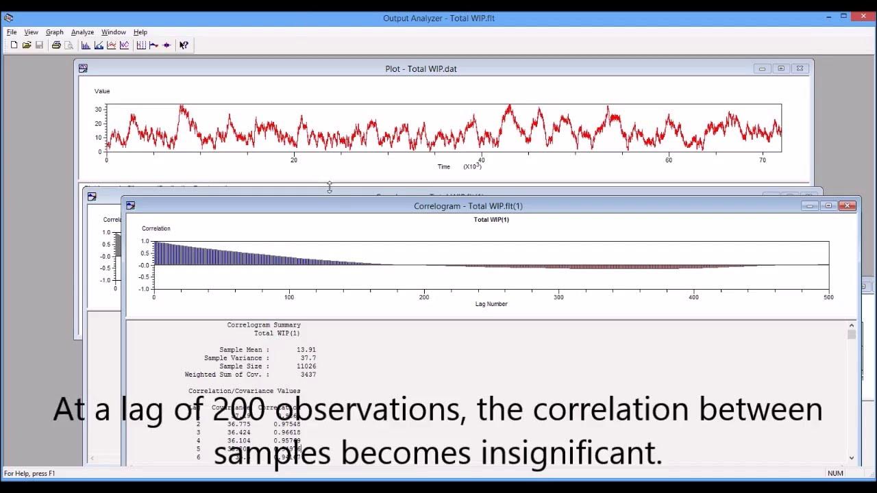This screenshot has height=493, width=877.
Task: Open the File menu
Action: (x=12, y=32)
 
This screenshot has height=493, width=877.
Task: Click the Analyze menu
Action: (x=82, y=32)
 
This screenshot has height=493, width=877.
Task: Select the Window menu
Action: (x=113, y=32)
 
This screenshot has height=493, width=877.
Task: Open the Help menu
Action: (x=140, y=32)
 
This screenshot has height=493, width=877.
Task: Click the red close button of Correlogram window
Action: (x=848, y=205)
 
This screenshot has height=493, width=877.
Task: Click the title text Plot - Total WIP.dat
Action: (x=421, y=68)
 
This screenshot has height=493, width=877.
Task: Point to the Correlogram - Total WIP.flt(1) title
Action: (x=468, y=206)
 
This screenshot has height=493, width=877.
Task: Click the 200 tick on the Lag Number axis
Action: (x=424, y=297)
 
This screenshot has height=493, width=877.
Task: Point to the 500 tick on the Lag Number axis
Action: (x=828, y=297)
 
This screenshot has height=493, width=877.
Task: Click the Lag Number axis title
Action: (x=491, y=304)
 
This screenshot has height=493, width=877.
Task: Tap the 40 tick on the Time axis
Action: (x=481, y=160)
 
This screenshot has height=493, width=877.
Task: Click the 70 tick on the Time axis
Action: (x=763, y=160)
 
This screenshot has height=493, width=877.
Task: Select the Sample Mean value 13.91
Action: (x=306, y=350)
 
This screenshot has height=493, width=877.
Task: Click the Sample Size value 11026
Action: (x=304, y=366)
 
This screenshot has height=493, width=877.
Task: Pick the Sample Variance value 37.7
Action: (x=308, y=358)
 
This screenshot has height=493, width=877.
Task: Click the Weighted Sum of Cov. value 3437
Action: (x=308, y=375)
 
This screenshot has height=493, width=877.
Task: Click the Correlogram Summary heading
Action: (x=264, y=325)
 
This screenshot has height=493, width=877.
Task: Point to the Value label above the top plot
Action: (x=102, y=91)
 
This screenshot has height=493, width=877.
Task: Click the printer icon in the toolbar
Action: (x=56, y=45)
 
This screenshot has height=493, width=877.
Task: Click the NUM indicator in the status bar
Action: (x=835, y=473)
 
